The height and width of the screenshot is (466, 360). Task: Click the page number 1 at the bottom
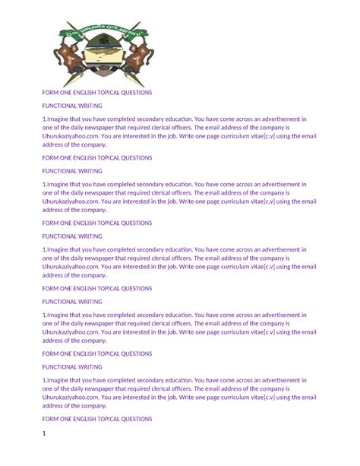click(45, 434)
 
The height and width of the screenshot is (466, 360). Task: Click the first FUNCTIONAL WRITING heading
click(72, 106)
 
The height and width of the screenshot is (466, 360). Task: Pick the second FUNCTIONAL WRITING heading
click(72, 171)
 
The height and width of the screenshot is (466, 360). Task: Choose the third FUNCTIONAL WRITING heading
click(72, 236)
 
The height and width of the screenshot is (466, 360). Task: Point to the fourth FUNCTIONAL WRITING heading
click(72, 302)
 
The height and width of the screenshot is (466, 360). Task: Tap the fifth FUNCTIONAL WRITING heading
click(72, 367)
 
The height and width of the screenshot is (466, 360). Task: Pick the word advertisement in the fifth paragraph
click(279, 380)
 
